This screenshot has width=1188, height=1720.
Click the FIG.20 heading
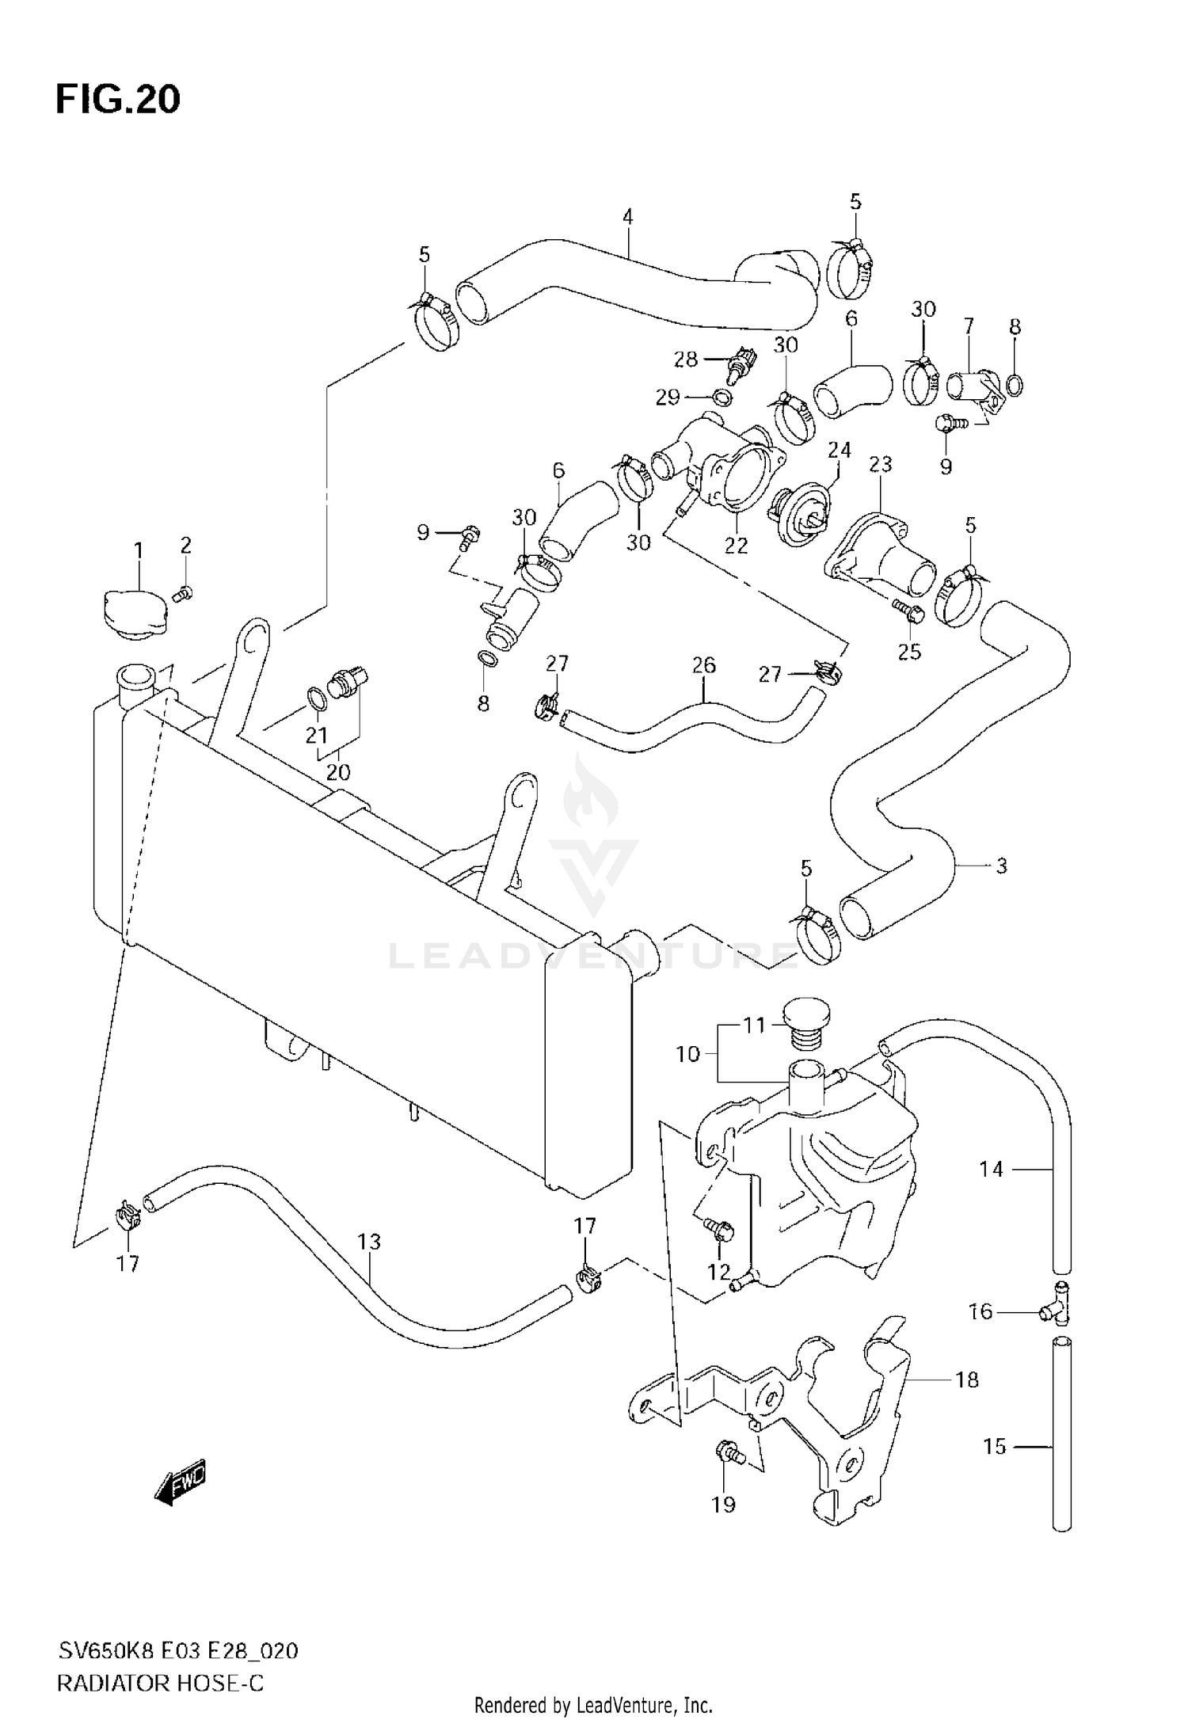118,101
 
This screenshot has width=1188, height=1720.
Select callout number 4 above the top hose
627,216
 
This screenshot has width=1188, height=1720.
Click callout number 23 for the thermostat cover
880,464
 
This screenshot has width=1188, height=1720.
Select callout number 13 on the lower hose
369,1242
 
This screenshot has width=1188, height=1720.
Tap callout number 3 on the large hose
1001,866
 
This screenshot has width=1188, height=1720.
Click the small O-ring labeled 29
718,398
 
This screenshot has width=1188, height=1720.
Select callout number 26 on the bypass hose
703,665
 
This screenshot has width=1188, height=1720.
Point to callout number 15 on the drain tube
994,1447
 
